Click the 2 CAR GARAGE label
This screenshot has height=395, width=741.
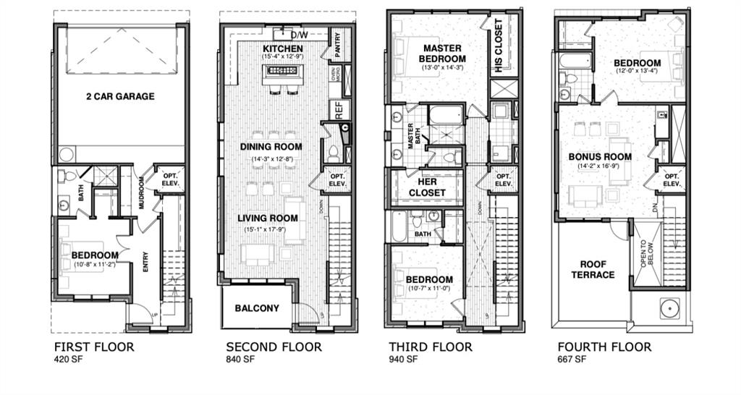tap(120, 96)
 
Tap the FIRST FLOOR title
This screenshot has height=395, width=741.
tap(94, 347)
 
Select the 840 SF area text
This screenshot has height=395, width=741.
tap(240, 360)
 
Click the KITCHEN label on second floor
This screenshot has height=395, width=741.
tap(282, 48)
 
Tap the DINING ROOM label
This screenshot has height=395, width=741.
tap(271, 147)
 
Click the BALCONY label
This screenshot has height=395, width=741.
tap(257, 308)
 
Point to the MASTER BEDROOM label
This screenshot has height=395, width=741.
tap(444, 53)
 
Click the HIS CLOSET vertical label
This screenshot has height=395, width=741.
tap(499, 46)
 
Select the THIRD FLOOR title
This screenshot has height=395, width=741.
tap(431, 347)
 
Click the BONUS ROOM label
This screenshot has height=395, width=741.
tap(600, 156)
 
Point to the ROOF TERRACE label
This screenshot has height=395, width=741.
tap(593, 269)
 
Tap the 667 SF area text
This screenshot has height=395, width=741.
tap(572, 360)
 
